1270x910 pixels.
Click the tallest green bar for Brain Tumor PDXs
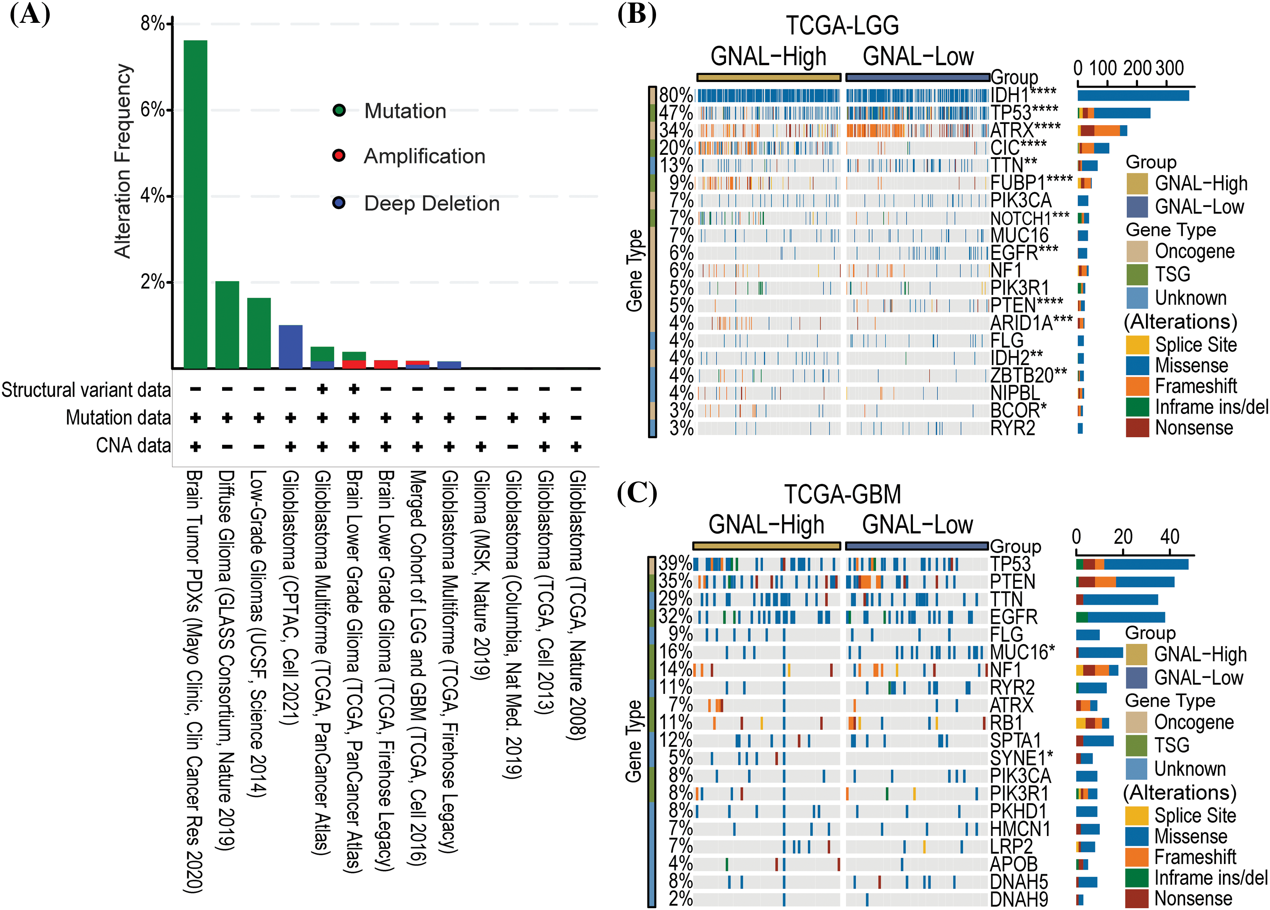coord(196,204)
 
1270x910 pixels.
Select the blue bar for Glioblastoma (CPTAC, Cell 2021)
coord(291,347)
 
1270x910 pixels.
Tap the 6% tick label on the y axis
coord(152,110)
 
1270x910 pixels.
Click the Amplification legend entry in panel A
coord(424,156)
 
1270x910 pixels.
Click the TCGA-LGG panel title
coord(842,25)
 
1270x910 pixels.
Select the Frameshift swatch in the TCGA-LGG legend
coord(1137,386)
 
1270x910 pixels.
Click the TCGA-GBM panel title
coord(842,494)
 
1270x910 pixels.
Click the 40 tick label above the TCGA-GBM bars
coord(1170,537)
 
